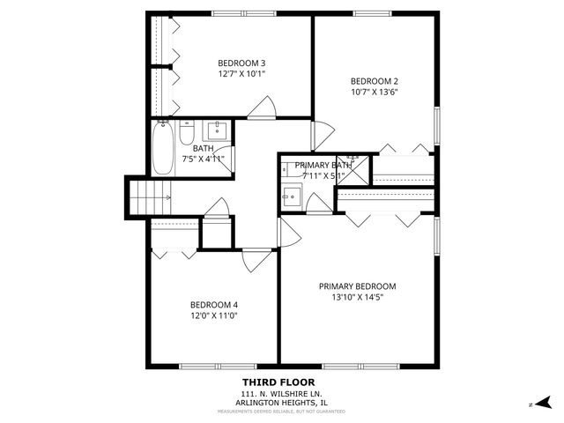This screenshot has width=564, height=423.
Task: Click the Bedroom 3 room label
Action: point(241,63)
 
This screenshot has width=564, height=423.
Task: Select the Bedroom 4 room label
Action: point(214,305)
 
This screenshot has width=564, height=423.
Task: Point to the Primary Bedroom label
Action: point(357,286)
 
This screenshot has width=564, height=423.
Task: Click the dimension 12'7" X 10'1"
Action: point(241,74)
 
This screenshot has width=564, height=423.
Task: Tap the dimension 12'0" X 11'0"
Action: point(214,316)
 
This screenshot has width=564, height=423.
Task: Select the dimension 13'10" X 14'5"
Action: point(357,298)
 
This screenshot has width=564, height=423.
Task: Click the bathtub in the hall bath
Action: point(164,149)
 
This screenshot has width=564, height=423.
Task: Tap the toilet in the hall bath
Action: point(187,134)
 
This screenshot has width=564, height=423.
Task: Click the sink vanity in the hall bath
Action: point(217,132)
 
